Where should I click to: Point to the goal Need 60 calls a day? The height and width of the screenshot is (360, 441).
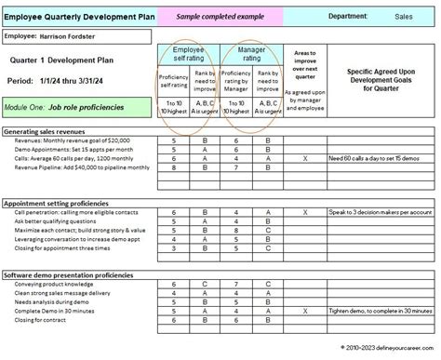pos(380,158)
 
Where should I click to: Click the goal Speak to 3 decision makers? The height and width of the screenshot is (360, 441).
pos(381,211)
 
